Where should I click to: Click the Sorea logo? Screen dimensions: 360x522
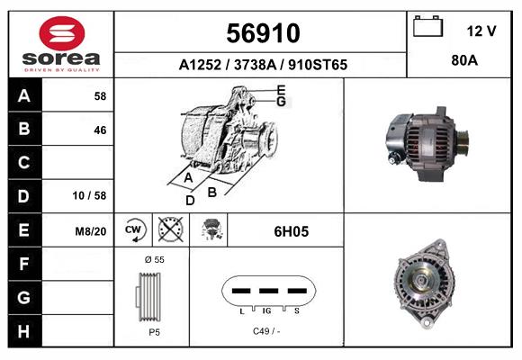[x=61, y=45]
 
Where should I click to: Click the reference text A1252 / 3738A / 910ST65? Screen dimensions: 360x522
[x=263, y=66]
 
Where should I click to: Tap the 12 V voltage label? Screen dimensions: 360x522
[x=481, y=31]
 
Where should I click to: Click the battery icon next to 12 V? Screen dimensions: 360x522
[x=428, y=28]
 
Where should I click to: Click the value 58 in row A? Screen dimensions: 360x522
[x=99, y=95]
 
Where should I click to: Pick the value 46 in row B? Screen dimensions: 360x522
[x=99, y=130]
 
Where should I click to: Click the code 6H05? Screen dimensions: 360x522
[x=291, y=231]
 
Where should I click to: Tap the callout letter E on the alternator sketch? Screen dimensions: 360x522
[x=281, y=90]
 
